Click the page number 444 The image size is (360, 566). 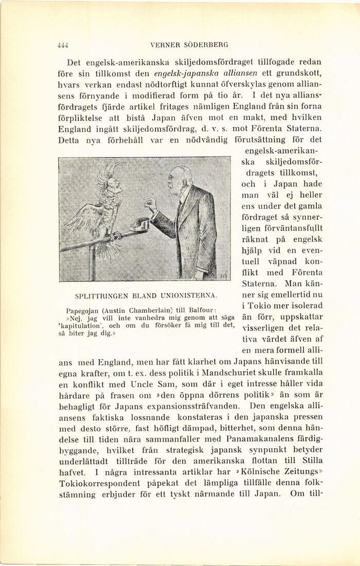(63, 45)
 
